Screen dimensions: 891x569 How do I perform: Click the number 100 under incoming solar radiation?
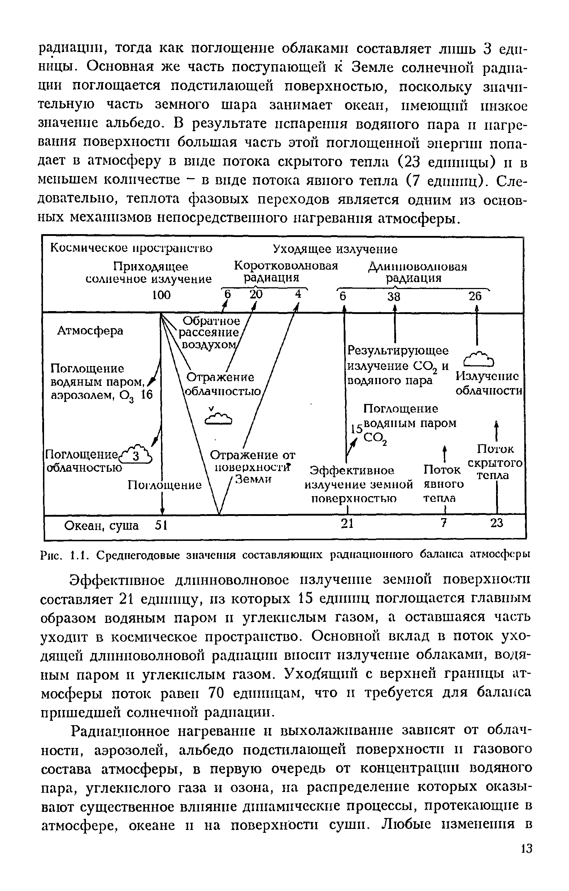[162, 295]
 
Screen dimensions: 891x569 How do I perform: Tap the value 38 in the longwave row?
[394, 296]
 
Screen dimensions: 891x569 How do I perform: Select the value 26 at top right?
[475, 296]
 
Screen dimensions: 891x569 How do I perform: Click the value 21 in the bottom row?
[347, 523]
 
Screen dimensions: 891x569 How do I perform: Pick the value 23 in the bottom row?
[496, 523]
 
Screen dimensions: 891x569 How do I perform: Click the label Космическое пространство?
[131, 248]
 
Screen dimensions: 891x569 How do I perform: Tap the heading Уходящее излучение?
[335, 249]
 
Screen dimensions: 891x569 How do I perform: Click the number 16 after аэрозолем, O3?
[147, 395]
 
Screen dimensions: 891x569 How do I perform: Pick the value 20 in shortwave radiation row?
[256, 294]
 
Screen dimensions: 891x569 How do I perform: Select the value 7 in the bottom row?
[444, 523]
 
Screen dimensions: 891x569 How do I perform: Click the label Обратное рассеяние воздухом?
[209, 332]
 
